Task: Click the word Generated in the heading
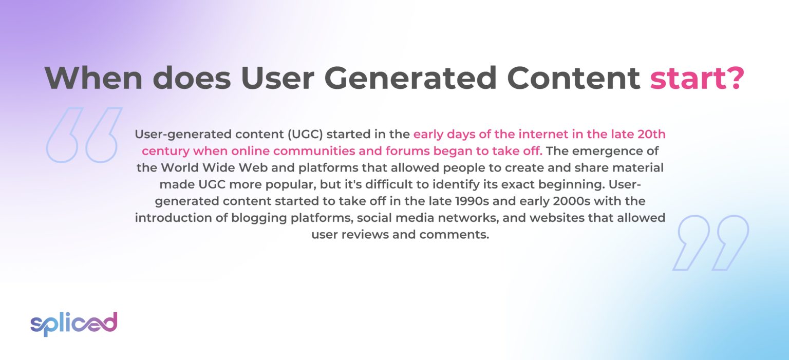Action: (409, 78)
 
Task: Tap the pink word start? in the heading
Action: (697, 78)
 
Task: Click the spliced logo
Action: (74, 324)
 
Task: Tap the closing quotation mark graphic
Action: (711, 242)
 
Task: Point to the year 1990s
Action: (481, 201)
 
